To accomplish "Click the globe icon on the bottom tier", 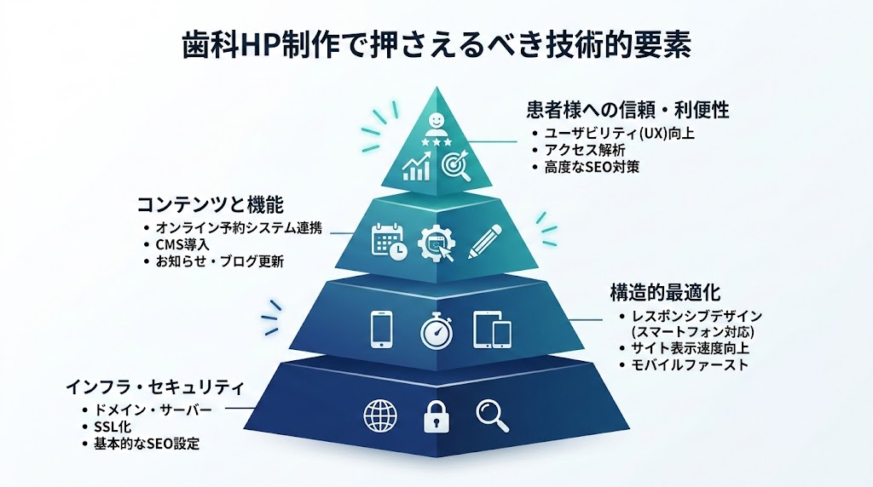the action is click(380, 415).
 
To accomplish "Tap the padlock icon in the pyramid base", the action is click(436, 416).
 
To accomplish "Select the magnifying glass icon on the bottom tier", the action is click(492, 415).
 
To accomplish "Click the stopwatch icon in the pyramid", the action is click(436, 331).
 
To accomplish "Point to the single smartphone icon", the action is click(381, 329).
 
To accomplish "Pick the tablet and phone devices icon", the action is click(492, 329).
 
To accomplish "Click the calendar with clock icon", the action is click(389, 241).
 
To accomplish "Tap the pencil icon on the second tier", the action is click(485, 241).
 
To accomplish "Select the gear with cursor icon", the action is click(437, 243).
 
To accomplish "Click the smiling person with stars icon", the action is click(436, 130).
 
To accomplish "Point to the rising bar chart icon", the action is click(416, 167).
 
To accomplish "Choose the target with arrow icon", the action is click(456, 166).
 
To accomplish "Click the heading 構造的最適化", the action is click(665, 292).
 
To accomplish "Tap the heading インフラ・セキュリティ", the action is click(155, 387).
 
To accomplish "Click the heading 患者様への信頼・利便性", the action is click(627, 110).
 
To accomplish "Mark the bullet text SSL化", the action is click(113, 427).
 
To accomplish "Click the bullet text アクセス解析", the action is click(585, 150).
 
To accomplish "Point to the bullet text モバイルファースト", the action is click(689, 365).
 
